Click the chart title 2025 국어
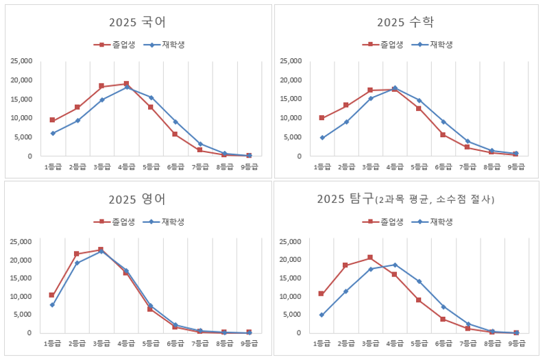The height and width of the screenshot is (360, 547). click(137, 22)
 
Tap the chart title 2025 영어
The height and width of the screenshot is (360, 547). click(137, 200)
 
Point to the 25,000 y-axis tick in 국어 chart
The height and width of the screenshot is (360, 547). click(21, 61)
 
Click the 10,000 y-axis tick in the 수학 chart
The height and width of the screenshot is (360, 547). click(291, 118)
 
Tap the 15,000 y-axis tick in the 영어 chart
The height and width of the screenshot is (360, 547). click(21, 278)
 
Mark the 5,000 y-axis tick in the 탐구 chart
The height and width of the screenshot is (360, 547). click(293, 315)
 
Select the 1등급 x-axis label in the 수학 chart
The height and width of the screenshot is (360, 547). click(321, 167)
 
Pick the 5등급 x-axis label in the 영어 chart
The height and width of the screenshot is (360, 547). click(151, 342)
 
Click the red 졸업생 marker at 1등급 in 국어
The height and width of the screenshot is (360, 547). click(52, 120)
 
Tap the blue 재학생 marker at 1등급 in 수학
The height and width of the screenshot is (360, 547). click(321, 138)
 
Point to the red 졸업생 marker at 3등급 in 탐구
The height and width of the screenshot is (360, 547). click(370, 258)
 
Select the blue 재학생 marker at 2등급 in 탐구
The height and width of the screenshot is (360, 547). click(345, 291)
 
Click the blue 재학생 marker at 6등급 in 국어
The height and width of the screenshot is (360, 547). click(175, 122)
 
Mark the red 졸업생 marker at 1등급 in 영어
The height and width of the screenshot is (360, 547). click(52, 295)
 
